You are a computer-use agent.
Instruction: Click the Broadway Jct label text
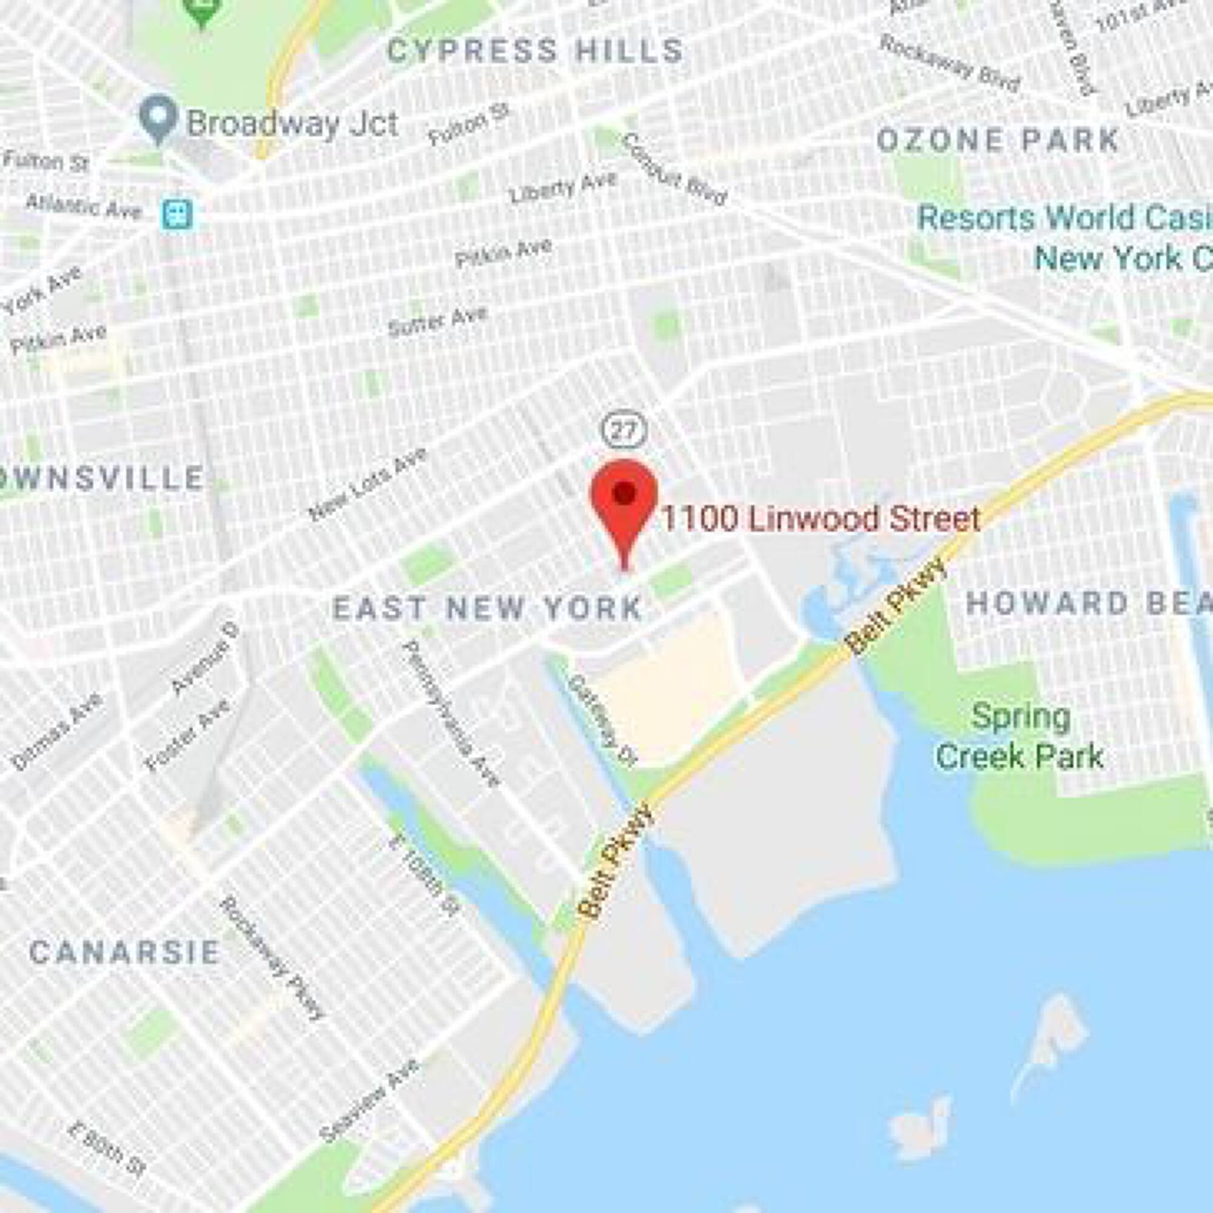tap(292, 123)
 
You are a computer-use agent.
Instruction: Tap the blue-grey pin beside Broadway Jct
tap(158, 119)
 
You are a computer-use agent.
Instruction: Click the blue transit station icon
tap(178, 215)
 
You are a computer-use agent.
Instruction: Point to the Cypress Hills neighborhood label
tap(535, 50)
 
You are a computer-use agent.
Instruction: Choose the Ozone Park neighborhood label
tap(998, 140)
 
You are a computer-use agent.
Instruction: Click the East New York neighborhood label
tap(487, 608)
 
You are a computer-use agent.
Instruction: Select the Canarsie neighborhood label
tap(124, 952)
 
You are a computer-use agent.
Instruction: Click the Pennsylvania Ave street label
tap(452, 713)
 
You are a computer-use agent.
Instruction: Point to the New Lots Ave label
tap(369, 483)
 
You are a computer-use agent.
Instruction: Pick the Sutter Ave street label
tap(438, 321)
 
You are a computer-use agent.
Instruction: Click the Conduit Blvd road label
tap(674, 170)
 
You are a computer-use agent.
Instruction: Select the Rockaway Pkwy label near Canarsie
tap(272, 957)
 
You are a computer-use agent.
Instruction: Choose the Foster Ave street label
tap(186, 735)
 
